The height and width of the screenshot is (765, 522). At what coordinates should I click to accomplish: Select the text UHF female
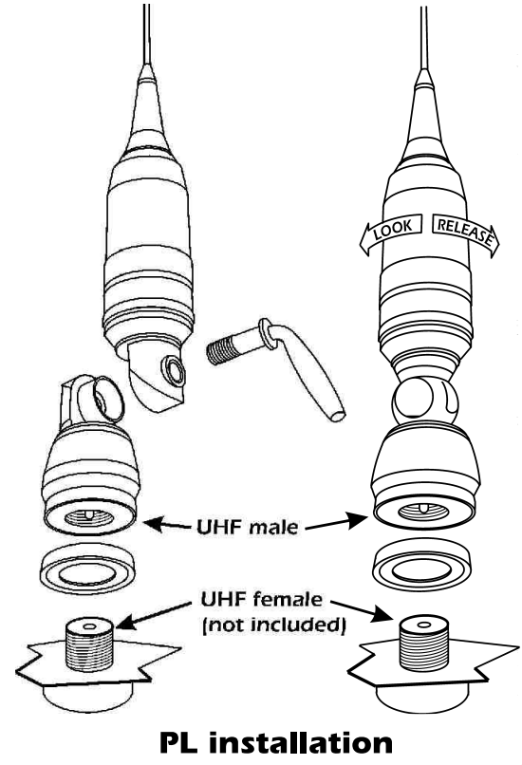coord(262,599)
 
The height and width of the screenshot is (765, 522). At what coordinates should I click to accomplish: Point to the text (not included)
coord(273,625)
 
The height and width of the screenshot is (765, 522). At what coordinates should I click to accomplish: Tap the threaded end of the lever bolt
coord(224,351)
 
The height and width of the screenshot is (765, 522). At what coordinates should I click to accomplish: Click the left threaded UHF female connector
coord(89,645)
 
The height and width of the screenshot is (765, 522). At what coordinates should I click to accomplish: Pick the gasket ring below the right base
coord(421,564)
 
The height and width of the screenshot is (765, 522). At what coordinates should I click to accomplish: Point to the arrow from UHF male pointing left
coord(167,525)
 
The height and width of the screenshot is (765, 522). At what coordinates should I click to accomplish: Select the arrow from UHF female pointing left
coord(154,615)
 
